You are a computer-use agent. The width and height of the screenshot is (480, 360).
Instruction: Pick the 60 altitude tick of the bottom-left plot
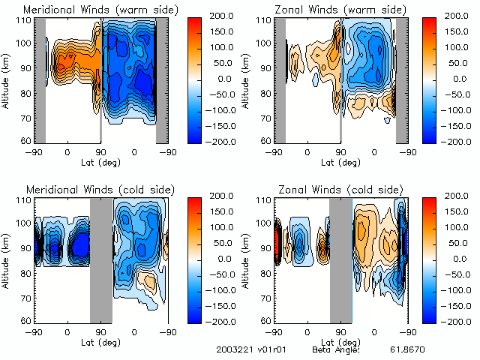[x=25, y=320]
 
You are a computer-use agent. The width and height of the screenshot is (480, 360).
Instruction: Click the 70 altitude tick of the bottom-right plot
[x=265, y=297]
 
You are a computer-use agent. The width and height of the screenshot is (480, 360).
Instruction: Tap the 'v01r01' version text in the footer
[x=268, y=349]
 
